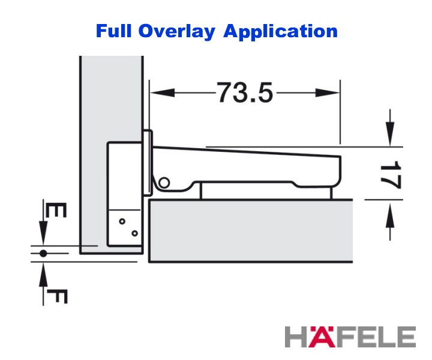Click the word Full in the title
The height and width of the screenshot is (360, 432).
point(113,31)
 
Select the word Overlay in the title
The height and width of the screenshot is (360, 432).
point(176,32)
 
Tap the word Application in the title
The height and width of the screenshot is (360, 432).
point(280,32)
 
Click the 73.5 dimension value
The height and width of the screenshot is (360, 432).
point(245,92)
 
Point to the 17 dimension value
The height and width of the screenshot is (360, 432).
point(391,175)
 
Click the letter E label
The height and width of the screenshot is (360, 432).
point(56,210)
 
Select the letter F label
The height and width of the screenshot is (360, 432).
point(57,296)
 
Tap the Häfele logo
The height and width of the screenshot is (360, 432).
point(350,337)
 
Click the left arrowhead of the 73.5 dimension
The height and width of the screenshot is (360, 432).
point(163,93)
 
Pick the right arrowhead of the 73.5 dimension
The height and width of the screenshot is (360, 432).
point(328,93)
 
